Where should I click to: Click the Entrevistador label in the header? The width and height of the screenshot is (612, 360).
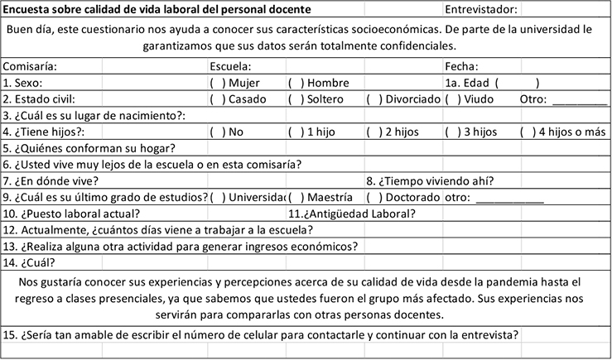click(481, 10)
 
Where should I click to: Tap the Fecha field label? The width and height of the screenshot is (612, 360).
click(461, 66)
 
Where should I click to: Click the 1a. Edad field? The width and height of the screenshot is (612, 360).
click(517, 83)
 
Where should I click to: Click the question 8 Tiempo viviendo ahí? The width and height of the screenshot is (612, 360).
click(431, 180)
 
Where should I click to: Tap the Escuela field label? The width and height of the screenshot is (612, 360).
click(231, 66)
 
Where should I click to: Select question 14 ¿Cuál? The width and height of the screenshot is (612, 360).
click(30, 262)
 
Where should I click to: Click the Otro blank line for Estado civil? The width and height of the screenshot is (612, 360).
click(578, 101)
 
